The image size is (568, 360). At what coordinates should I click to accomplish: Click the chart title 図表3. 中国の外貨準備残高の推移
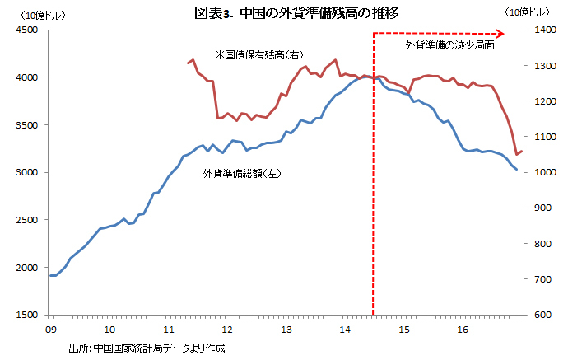coord(284,13)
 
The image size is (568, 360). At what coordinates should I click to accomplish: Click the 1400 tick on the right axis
coord(542,30)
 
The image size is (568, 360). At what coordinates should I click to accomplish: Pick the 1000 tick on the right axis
coord(542,172)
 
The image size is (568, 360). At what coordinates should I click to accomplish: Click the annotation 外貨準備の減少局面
coord(449,45)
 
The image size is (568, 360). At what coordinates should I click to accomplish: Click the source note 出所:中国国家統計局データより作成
coord(147,348)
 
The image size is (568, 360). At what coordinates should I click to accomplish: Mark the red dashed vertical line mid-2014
coord(374,206)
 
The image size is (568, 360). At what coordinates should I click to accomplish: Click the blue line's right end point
coord(517,169)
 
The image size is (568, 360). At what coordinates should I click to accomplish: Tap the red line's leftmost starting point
coord(186,63)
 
